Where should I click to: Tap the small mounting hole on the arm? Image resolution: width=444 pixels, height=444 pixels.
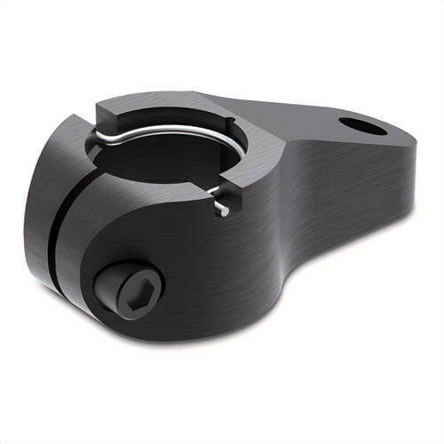click(362, 126)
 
